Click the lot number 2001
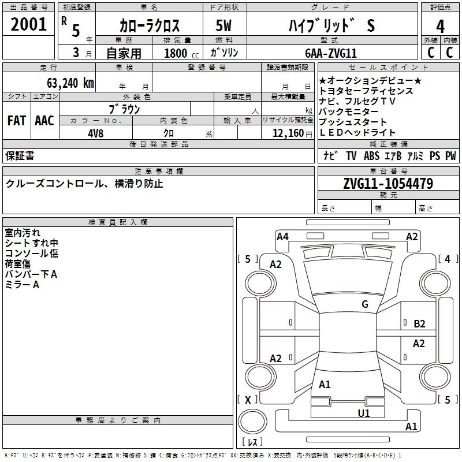(x=28, y=24)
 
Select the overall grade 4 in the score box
(x=440, y=27)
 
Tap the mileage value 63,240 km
(x=70, y=83)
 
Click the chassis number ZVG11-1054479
(x=388, y=184)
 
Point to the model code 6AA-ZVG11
(x=331, y=53)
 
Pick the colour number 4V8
(x=96, y=133)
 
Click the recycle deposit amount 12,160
(x=288, y=133)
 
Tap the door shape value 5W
(x=223, y=25)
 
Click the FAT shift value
(x=17, y=121)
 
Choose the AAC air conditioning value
(x=44, y=121)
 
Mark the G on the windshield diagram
(x=365, y=304)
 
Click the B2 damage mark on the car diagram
(x=419, y=324)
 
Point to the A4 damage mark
(x=282, y=237)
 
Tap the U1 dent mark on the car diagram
(x=364, y=413)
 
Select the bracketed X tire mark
(x=248, y=400)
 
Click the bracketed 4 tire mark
(x=448, y=259)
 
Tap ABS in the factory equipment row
(x=371, y=155)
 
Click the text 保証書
(x=20, y=155)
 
